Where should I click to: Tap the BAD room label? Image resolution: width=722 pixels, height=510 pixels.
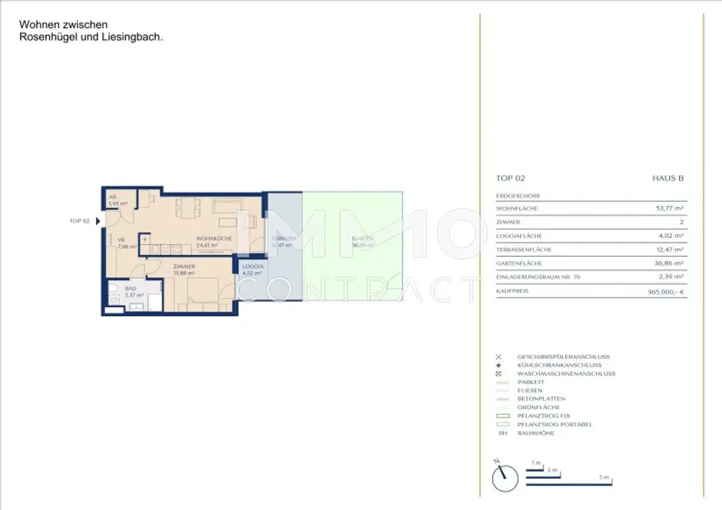click(131, 289)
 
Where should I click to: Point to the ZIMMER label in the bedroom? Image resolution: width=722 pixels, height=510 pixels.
click(184, 266)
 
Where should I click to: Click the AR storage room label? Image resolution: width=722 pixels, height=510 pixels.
click(112, 198)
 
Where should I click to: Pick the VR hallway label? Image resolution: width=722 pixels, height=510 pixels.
click(121, 239)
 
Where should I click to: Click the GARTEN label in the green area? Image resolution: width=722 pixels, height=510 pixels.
click(362, 239)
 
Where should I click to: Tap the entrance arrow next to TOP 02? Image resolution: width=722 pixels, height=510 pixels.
click(98, 221)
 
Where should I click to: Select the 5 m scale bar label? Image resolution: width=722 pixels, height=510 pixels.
click(604, 478)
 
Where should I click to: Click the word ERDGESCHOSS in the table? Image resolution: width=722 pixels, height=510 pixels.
click(518, 195)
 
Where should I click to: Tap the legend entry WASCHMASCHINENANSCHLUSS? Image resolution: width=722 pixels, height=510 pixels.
click(565, 374)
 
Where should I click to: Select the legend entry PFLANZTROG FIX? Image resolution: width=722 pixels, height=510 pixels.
click(541, 416)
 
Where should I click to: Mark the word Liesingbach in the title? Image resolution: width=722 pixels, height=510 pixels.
click(134, 37)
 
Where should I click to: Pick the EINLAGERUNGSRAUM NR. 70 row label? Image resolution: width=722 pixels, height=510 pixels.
click(539, 277)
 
